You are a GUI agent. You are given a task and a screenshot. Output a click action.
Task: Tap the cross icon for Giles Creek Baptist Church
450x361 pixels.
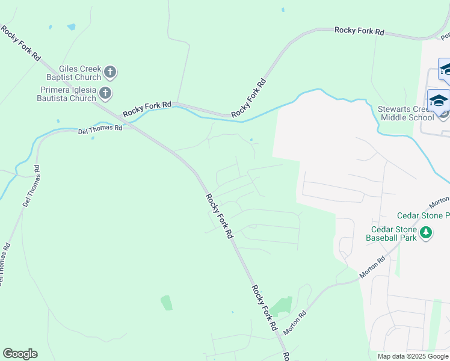(109, 73)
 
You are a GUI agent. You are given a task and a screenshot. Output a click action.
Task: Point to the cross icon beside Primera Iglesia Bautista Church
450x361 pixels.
(105, 93)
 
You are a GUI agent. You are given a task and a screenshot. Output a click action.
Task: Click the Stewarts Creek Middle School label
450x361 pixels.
(405, 113)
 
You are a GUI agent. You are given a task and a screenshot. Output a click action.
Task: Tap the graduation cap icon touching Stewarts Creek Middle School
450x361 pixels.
(439, 100)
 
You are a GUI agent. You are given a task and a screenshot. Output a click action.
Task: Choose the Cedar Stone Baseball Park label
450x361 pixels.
(392, 233)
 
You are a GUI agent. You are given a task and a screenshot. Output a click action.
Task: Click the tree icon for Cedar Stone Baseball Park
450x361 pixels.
(427, 233)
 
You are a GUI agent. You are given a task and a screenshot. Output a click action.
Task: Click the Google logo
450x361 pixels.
(20, 354)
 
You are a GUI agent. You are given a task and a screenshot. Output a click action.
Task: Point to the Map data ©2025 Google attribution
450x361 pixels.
(413, 356)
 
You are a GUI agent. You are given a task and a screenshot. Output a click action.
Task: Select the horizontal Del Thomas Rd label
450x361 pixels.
(100, 129)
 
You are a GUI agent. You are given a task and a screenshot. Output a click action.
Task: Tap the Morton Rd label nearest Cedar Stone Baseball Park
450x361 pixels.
(372, 268)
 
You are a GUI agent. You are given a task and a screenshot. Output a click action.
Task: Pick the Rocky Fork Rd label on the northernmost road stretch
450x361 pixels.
(359, 31)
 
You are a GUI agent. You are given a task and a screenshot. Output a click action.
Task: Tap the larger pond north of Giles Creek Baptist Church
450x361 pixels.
(72, 27)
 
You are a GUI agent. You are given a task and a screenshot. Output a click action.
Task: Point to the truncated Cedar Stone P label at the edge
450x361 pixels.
(424, 215)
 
